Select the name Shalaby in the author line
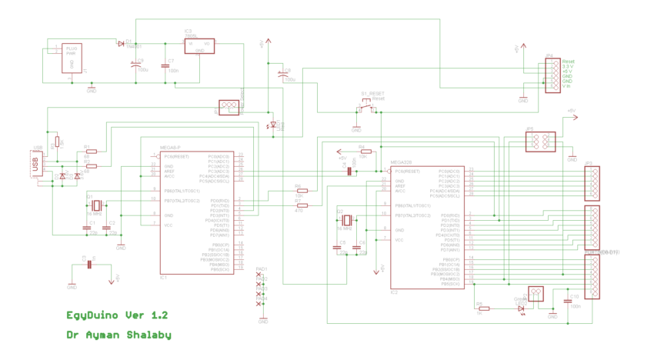point(146,335)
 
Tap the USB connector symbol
point(35,164)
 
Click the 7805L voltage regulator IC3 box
point(199,46)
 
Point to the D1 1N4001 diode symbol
point(121,43)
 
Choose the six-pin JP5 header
point(537,142)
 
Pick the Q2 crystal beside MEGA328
point(346,219)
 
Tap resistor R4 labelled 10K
point(365,151)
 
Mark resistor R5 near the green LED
point(484,308)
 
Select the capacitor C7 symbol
point(165,66)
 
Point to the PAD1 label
point(262,269)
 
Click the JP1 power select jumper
point(229,107)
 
